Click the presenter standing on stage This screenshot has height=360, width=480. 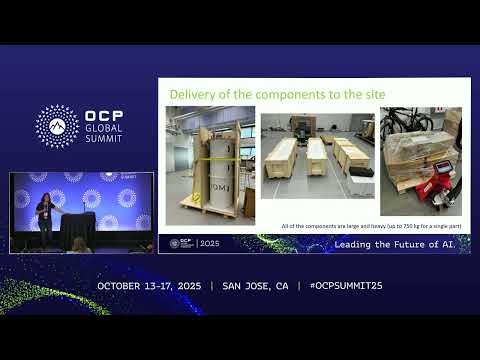click(45, 217)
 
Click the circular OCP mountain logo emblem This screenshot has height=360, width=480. click(57, 126)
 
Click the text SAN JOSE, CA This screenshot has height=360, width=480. click(254, 286)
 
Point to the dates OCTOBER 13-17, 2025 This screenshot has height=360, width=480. click(149, 286)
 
